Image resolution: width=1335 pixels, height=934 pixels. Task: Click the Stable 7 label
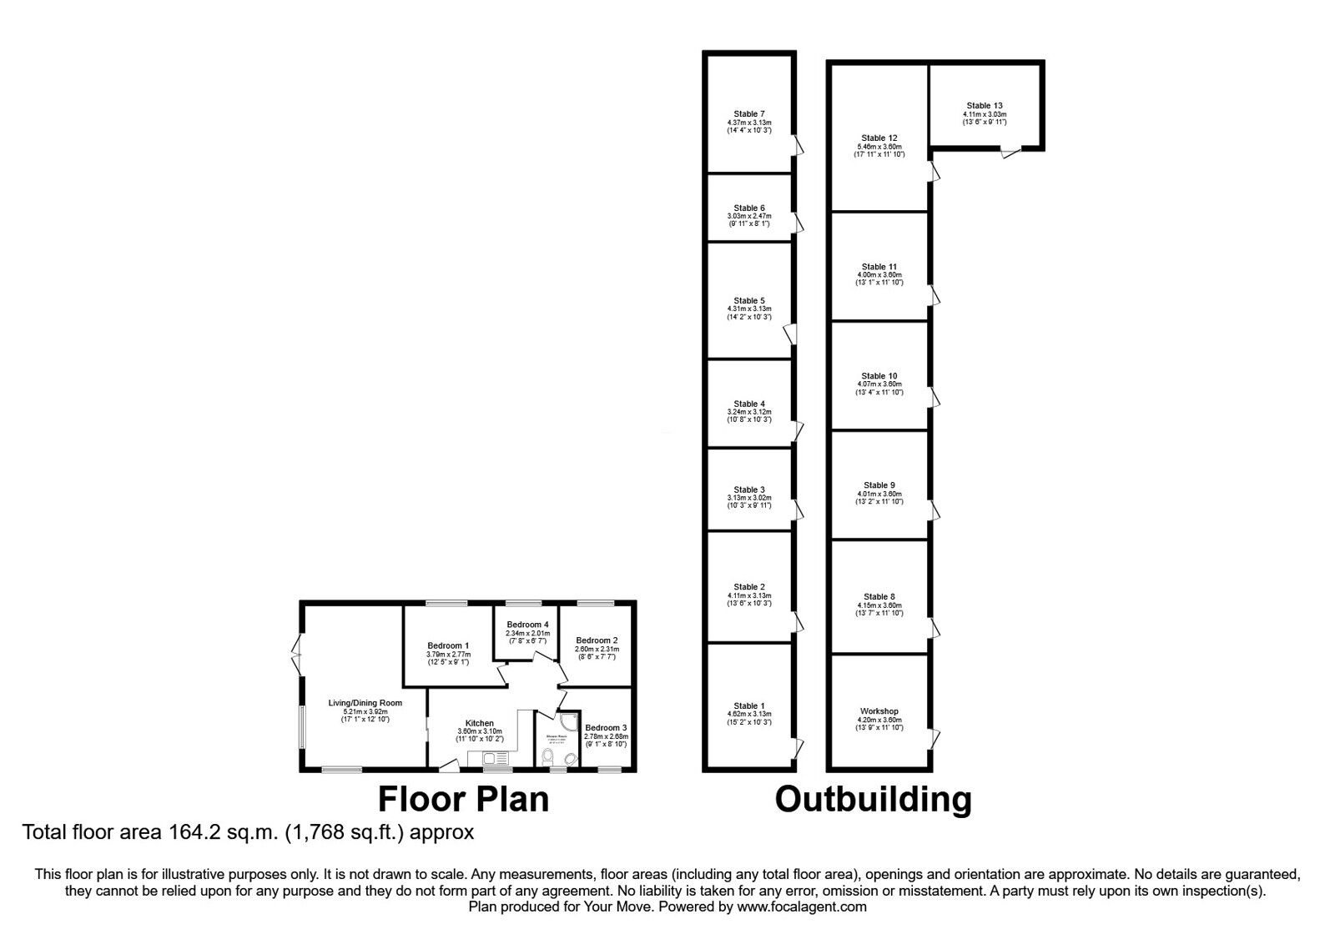[748, 114]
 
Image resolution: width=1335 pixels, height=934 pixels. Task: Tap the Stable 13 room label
[985, 106]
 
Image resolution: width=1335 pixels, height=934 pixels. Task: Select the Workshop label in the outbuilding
[879, 711]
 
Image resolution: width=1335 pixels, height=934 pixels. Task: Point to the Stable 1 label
[748, 706]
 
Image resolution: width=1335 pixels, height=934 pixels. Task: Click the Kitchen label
[479, 723]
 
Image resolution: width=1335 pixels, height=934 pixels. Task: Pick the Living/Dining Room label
[365, 703]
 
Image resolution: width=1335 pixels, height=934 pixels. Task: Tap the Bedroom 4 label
[527, 625]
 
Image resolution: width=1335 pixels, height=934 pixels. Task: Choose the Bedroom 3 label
[605, 727]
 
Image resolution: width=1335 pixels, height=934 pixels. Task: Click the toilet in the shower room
[548, 756]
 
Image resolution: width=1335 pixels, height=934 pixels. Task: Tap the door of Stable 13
[1010, 153]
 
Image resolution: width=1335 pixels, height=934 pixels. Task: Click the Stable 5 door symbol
[790, 334]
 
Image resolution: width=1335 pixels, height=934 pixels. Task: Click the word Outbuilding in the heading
[873, 799]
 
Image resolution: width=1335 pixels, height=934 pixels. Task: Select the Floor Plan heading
[463, 799]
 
